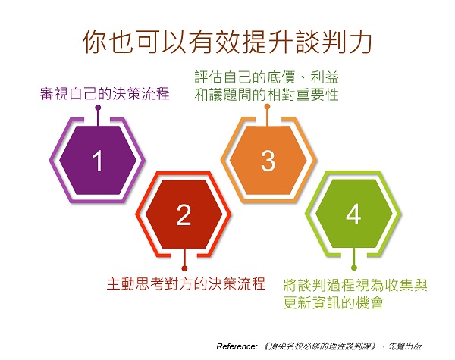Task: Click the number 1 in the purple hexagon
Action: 98,161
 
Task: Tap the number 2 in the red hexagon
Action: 184,215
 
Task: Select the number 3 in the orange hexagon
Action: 268,161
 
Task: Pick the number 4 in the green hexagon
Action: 353,214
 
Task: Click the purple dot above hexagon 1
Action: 98,108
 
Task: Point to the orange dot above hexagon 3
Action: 267,107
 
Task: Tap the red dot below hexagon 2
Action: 184,268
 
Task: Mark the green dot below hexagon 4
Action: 353,268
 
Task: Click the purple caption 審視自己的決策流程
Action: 105,94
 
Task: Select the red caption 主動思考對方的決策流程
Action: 187,283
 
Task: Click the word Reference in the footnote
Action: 237,346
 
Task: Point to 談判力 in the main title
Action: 334,42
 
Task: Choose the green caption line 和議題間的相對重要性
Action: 266,95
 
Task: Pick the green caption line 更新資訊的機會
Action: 334,302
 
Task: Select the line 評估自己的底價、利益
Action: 266,77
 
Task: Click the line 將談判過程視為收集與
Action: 355,285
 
